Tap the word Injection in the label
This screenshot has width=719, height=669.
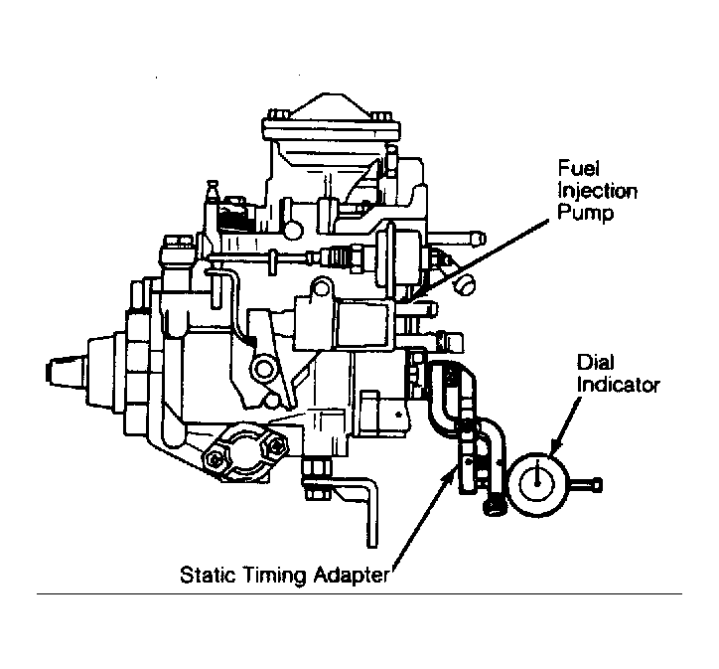(598, 192)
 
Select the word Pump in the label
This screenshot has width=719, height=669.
(586, 214)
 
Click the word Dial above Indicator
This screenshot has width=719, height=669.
(595, 362)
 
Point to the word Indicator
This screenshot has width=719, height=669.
(618, 385)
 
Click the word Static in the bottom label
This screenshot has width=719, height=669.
(208, 575)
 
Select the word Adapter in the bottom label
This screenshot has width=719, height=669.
(351, 576)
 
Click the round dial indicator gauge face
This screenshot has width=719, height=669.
(536, 484)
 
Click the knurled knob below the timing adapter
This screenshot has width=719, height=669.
(495, 507)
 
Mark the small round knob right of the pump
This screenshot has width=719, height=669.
(464, 285)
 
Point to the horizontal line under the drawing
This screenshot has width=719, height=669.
(359, 593)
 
